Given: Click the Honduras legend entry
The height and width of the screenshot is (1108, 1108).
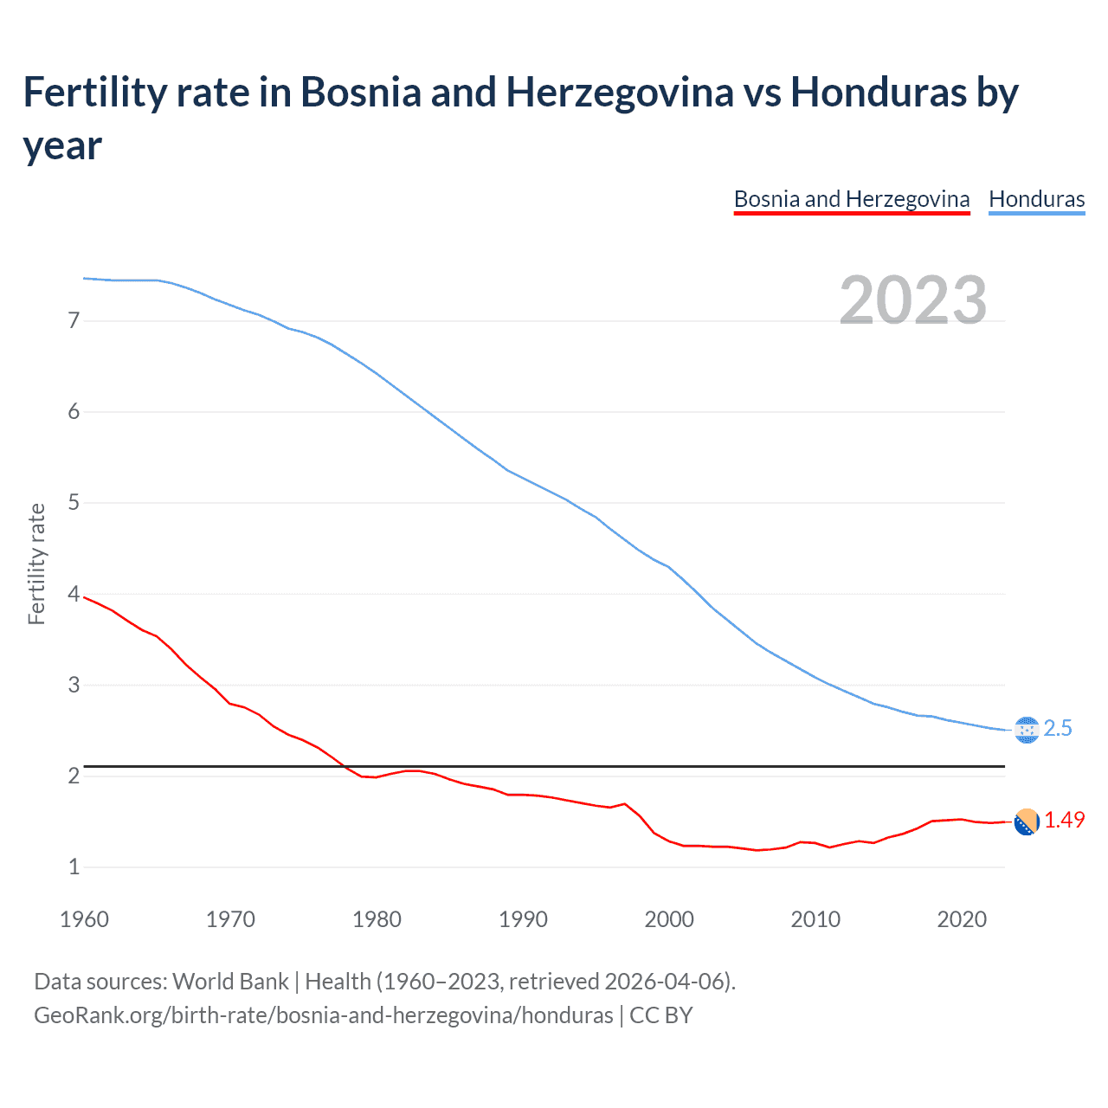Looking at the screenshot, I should coord(1036,199).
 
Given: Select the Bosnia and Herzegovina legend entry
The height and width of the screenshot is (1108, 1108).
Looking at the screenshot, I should coord(851,199).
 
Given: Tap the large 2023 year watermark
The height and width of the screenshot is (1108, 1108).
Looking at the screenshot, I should coord(913,300).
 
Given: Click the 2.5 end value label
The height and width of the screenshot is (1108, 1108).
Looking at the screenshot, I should coord(1058,729).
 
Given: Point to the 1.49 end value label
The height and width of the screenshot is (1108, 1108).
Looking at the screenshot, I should coord(1064,820).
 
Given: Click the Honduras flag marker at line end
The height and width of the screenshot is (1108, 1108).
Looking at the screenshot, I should coord(1026,730).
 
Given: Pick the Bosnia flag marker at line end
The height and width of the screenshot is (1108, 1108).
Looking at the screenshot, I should coord(1026,822).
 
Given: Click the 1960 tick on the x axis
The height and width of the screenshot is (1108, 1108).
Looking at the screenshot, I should coord(84,919).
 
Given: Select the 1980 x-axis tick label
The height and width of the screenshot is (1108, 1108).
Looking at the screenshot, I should coord(377,919).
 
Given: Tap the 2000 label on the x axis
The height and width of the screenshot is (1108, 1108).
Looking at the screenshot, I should coord(669,919).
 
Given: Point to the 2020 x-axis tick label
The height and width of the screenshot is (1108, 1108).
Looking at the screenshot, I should coord(962,919).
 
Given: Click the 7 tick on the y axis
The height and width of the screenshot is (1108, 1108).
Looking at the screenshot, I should coord(74,321).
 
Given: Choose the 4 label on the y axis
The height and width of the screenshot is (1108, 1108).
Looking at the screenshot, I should coord(74,594).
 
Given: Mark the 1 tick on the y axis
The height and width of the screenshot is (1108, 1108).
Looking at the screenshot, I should coord(74,866).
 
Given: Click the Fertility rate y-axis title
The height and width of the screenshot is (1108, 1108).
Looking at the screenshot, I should coord(36,564).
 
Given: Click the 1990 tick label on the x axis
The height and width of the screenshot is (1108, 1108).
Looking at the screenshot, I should coord(523,919).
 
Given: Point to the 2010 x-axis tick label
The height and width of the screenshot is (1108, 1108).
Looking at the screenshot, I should coord(815,919).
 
